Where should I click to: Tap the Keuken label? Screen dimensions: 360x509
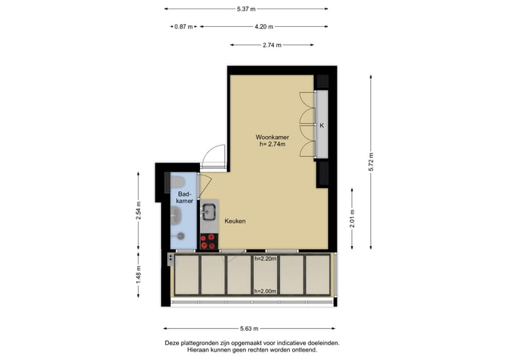[235, 221]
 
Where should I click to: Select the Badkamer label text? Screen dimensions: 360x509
[185, 197]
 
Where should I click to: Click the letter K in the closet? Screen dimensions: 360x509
[322, 126]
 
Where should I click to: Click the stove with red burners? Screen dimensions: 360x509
[209, 241]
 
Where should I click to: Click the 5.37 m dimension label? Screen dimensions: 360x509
[246, 9]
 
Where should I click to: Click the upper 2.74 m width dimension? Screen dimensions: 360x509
[271, 45]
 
